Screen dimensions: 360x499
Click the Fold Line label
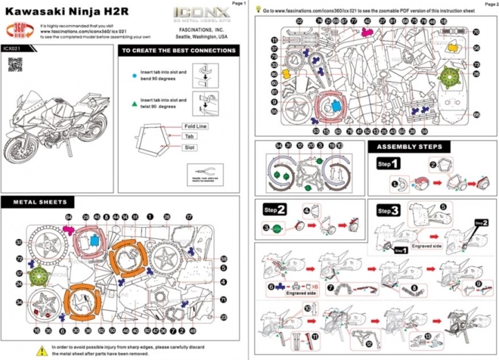coord(195,127)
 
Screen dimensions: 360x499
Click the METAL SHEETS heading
coord(39,202)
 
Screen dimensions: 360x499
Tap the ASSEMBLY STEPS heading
coord(409,147)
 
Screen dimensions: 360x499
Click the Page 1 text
coord(239,3)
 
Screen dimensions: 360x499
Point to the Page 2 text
coord(490,3)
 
